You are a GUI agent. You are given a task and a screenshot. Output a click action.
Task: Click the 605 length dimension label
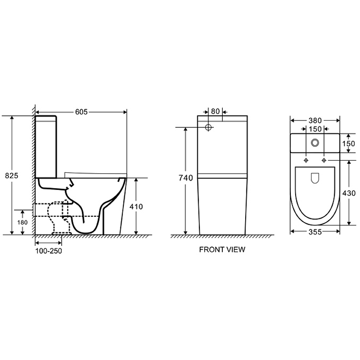click(x=81, y=112)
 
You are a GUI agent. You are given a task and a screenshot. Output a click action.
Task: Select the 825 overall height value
click(x=12, y=175)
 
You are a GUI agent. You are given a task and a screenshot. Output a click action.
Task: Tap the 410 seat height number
click(x=136, y=207)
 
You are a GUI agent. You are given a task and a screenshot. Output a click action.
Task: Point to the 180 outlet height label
click(x=22, y=222)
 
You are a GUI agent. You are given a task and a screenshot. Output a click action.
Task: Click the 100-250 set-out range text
click(x=49, y=251)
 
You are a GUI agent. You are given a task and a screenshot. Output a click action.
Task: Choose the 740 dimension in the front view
click(x=186, y=178)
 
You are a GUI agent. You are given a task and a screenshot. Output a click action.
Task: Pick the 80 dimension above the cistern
click(x=216, y=111)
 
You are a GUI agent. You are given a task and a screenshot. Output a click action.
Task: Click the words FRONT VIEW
click(x=222, y=250)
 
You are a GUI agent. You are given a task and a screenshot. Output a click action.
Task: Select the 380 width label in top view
click(x=315, y=121)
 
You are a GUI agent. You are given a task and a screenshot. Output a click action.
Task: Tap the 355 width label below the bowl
click(x=315, y=232)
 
